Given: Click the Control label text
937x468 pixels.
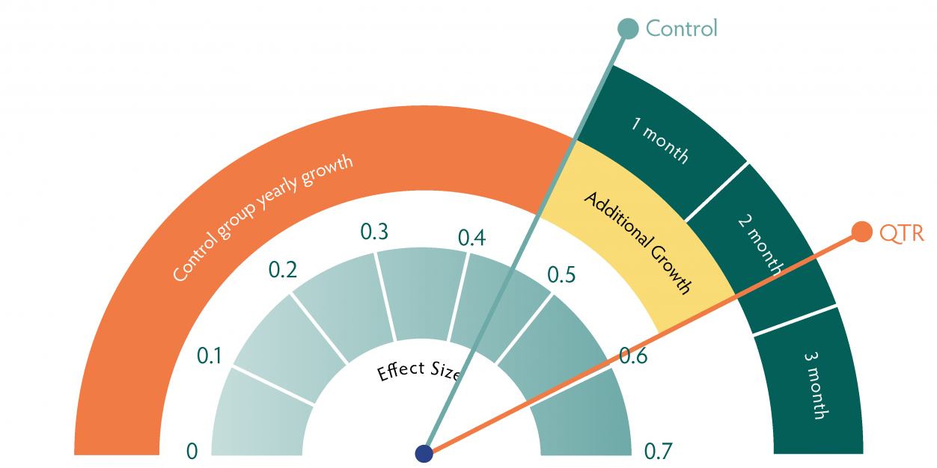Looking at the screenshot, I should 681,28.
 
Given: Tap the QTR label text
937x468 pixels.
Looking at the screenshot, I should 902,233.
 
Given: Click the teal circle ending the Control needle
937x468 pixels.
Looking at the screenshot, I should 627,28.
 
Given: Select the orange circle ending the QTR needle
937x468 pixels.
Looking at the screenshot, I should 861,233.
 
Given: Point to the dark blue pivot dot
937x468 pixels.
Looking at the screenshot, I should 424,453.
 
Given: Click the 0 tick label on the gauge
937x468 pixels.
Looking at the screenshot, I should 192,451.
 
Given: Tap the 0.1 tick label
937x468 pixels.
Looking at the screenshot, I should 210,357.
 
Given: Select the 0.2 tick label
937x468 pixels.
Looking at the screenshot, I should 283,270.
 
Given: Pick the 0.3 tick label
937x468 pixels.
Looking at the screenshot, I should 374,232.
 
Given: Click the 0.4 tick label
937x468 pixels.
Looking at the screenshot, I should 471,238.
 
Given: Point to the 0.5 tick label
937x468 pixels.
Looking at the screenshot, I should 561,275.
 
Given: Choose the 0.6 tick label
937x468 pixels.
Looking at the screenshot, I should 634,357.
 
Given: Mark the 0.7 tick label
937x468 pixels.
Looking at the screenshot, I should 659,451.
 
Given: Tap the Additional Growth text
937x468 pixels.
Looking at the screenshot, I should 637,242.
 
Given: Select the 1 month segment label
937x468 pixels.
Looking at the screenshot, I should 659,140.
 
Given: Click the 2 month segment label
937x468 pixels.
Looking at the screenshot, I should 759,243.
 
